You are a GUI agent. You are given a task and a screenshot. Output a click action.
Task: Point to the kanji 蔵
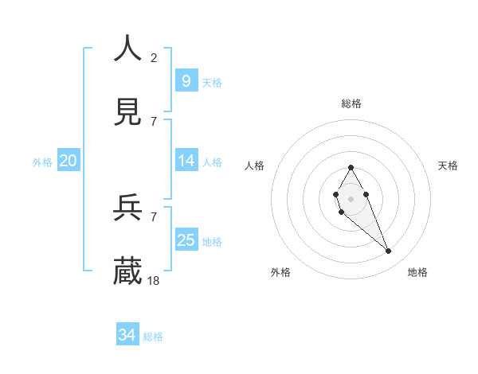(128, 271)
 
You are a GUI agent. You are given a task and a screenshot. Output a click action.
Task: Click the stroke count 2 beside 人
(154, 57)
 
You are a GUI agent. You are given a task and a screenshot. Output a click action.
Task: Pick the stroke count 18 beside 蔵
(155, 281)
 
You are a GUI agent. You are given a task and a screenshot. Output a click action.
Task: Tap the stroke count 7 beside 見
(154, 122)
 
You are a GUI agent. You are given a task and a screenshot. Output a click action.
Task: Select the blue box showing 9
(186, 80)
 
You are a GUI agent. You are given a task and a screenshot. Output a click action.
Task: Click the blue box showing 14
(186, 161)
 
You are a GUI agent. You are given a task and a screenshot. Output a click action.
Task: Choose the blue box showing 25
(186, 240)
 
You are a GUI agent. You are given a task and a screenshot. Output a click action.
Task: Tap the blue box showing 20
(68, 161)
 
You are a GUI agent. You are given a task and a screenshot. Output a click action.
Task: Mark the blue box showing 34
(127, 335)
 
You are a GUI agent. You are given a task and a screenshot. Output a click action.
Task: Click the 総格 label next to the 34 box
(153, 337)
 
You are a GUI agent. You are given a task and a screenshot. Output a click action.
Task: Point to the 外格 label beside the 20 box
(42, 162)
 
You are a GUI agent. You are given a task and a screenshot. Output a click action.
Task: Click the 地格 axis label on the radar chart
(417, 272)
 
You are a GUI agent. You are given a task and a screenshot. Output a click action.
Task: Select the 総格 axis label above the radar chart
(351, 103)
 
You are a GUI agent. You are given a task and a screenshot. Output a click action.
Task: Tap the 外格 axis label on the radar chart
(280, 272)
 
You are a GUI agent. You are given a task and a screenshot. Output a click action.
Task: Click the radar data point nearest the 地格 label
(389, 251)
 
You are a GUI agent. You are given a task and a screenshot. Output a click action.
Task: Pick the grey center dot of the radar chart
(351, 198)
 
